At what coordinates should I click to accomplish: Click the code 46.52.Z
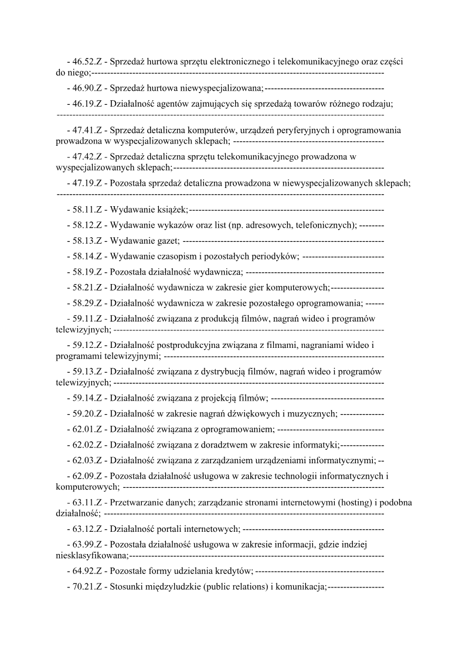coord(88,61)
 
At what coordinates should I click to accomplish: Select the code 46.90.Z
coord(88,88)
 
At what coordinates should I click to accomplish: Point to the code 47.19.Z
coord(88,183)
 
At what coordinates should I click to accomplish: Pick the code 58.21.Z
coord(88,288)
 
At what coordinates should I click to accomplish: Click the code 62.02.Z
coord(88,445)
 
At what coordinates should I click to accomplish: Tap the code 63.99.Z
coord(88,545)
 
